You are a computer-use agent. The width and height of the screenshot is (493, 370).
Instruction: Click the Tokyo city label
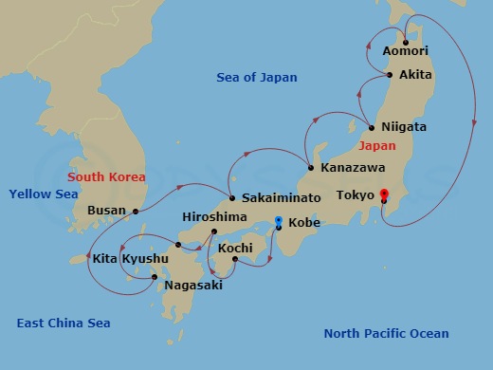[356, 196]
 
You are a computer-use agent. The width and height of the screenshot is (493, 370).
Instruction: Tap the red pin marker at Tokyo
[384, 196]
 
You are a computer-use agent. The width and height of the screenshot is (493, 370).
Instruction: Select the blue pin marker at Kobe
[278, 222]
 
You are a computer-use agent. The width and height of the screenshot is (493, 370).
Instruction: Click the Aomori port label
[405, 50]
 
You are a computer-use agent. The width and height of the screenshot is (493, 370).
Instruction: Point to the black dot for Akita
[390, 74]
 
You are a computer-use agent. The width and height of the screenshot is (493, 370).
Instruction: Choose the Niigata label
[404, 126]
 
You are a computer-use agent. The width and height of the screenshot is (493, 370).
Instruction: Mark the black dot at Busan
[136, 211]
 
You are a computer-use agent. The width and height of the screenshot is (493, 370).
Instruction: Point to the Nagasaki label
[195, 285]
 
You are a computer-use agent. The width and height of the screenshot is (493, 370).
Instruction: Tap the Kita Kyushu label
[131, 258]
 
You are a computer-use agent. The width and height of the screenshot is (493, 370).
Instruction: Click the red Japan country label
[379, 146]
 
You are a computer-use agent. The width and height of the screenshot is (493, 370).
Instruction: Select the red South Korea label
[106, 176]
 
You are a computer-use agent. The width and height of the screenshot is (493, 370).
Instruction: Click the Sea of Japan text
[256, 78]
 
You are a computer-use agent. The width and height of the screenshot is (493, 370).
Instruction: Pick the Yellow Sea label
[43, 194]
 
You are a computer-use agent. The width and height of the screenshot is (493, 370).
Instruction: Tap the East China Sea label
[64, 323]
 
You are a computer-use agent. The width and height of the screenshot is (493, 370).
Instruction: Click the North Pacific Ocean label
[386, 333]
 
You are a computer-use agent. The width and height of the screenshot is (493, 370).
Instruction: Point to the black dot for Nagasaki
[155, 277]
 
